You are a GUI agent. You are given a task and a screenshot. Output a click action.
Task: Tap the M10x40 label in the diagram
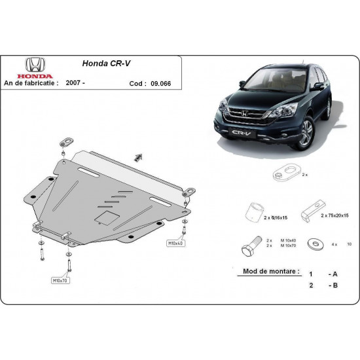click(x=175, y=243)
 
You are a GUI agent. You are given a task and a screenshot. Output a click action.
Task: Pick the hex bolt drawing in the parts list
click(x=248, y=247)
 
